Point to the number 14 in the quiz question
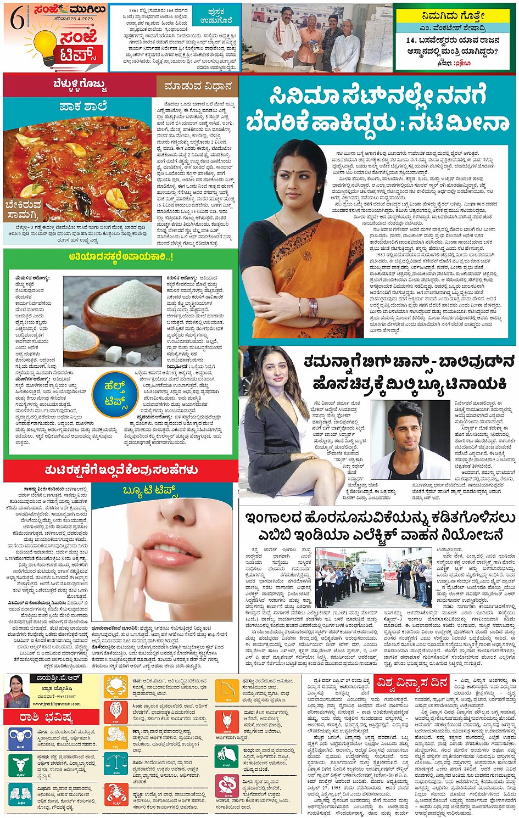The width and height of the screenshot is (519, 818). point(411,41)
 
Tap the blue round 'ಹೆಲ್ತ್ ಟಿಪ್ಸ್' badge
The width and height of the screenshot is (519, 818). point(116,393)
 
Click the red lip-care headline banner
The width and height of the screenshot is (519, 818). point(121,470)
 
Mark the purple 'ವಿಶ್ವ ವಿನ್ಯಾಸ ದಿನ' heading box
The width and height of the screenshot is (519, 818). point(411,683)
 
